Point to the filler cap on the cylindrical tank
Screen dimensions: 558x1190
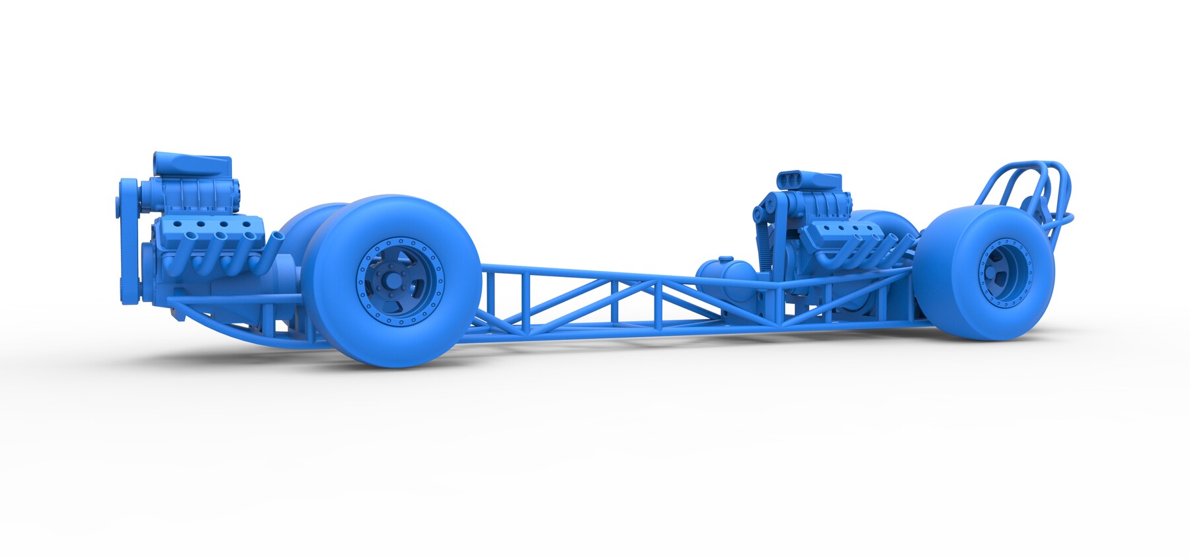(725, 259)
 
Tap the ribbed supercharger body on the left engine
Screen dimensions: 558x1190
(198, 196)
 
